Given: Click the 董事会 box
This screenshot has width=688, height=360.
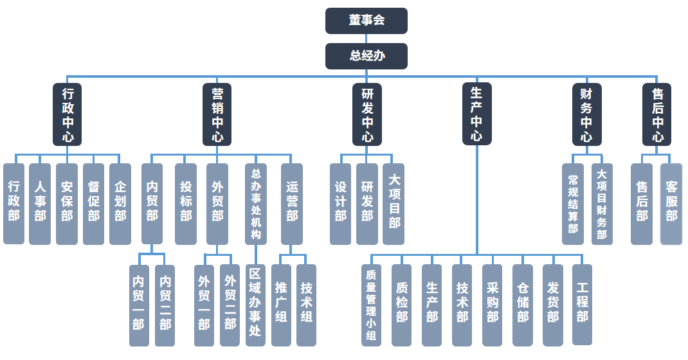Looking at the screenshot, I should coord(367,21).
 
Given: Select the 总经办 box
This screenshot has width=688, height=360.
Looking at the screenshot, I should coord(367,56).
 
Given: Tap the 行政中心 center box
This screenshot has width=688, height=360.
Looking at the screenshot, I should coord(68,114).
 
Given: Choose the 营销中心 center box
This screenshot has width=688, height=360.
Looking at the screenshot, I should coord(217,114).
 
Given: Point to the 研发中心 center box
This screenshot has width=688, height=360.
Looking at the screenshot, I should coord(367,114).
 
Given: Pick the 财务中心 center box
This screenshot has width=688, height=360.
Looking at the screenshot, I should coord(587,114).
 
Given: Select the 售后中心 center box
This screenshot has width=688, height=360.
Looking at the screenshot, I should coord(657,114).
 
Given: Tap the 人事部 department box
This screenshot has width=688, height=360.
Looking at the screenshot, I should coord(40,204).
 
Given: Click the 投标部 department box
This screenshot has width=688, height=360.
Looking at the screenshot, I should coord(186,204).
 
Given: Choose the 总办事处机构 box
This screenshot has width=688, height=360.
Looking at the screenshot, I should coord(256,204).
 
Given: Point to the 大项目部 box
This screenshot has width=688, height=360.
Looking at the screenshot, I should coord(394,204).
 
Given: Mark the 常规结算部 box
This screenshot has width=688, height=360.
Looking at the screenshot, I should coord(573,204).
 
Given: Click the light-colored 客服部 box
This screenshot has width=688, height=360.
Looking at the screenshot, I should coord(671,204).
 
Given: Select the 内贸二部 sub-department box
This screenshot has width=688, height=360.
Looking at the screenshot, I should coord(165,305).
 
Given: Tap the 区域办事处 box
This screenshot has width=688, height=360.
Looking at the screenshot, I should coord(255,305).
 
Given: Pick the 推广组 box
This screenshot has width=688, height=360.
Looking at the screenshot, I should coord(281,305).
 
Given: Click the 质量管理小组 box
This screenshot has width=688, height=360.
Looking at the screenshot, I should coord(371,305).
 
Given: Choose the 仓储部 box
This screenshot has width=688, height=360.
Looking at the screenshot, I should coord(523,305).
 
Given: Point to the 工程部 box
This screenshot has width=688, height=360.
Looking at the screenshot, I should coord(583,305).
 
